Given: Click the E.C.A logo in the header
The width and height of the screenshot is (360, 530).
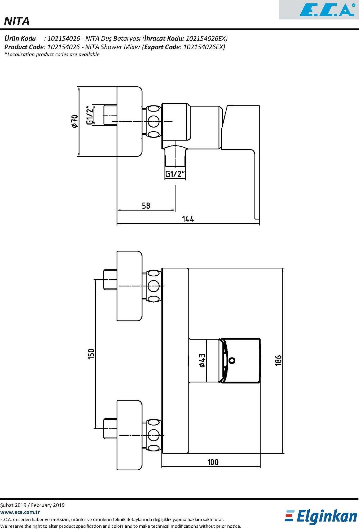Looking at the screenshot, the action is (327, 10).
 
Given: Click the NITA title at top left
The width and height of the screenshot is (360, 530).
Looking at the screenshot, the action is (17, 21).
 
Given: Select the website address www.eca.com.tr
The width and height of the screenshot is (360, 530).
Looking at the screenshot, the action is (20, 512).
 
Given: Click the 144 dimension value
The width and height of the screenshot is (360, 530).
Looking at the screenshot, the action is (188, 219).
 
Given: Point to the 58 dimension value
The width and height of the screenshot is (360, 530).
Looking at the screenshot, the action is (146, 206).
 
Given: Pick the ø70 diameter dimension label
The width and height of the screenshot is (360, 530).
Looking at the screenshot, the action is (75, 121).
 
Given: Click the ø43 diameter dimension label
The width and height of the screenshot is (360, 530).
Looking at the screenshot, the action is (202, 360).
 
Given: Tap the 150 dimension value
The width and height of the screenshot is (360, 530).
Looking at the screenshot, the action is (91, 354).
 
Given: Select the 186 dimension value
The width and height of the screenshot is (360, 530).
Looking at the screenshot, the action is (278, 361).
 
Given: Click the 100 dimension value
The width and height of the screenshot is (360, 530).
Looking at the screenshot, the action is (213, 462).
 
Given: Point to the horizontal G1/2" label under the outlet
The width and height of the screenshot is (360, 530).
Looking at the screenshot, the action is (175, 174).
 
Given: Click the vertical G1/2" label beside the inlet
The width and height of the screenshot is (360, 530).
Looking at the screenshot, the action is (90, 115).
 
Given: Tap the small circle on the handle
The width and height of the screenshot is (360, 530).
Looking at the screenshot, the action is (232, 360).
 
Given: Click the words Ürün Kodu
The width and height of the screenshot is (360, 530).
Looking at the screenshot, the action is (20, 38).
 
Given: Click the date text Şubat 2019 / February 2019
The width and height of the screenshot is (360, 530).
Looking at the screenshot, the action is (32, 505).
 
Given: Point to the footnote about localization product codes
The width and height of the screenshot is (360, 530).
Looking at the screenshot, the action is (52, 55).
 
